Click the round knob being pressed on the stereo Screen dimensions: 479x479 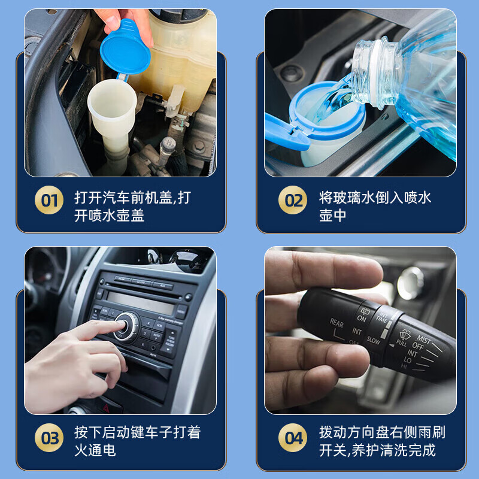(x=126, y=324)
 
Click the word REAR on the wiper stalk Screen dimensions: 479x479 (x=336, y=323)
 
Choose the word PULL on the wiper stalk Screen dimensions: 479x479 (x=401, y=343)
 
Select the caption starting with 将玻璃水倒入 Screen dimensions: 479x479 (x=375, y=207)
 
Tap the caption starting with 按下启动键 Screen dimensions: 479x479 (x=137, y=440)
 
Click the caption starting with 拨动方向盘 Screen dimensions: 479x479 (x=381, y=440)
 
